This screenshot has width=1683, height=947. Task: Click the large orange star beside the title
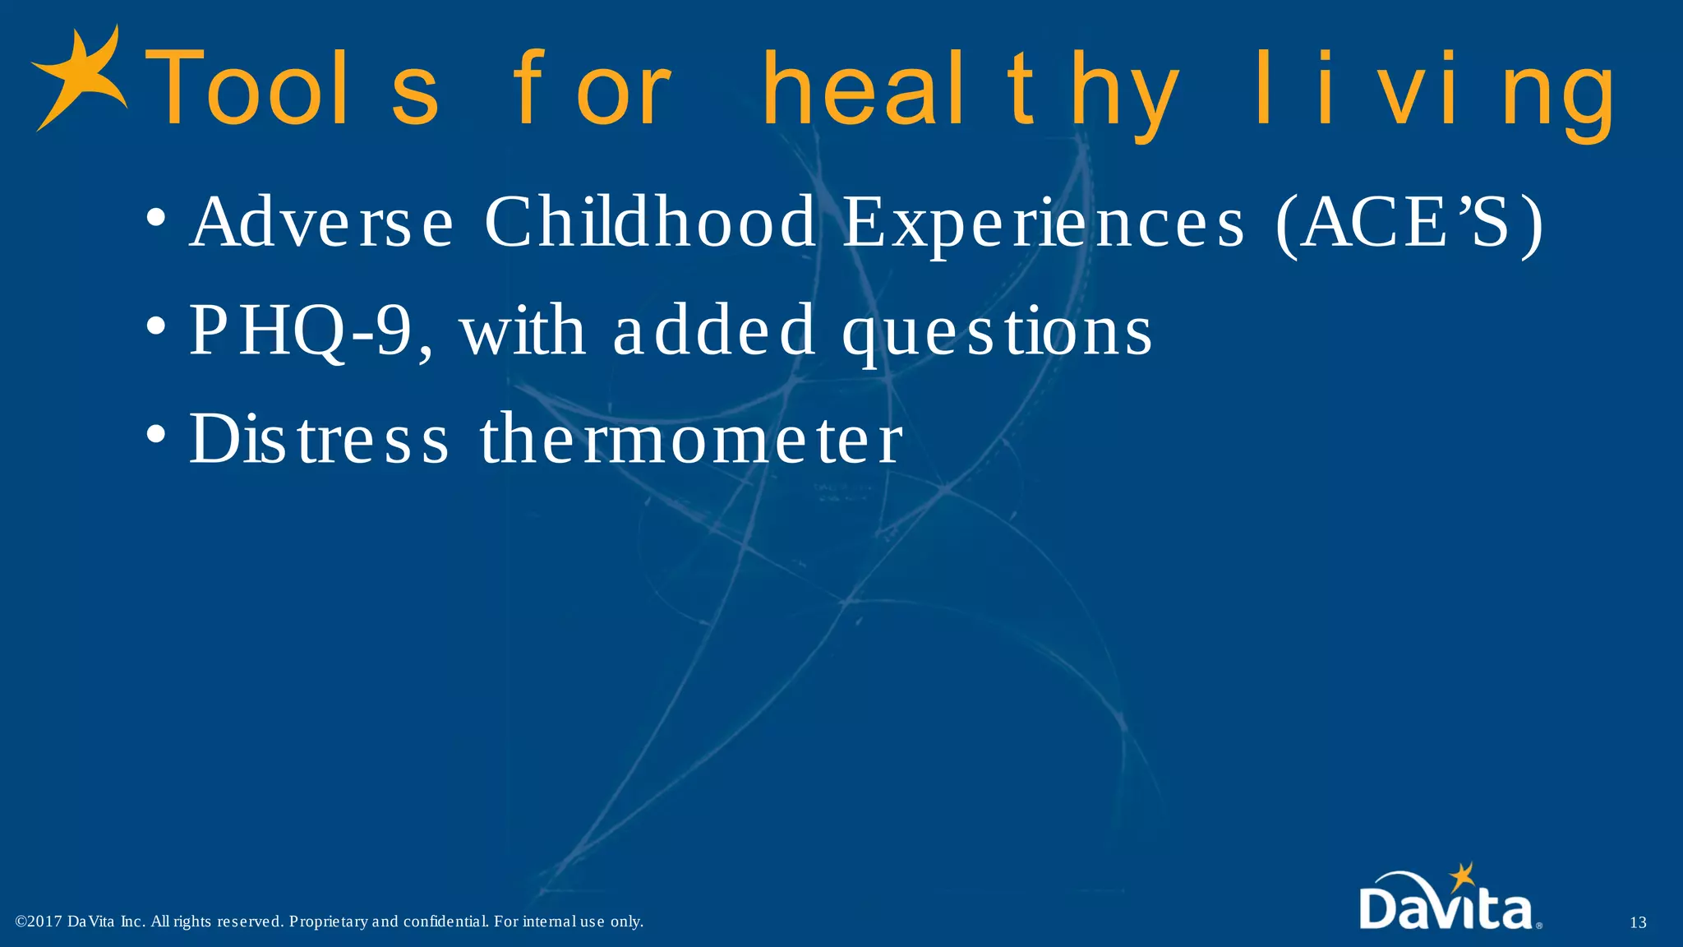[x=78, y=78]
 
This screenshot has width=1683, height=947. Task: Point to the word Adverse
[x=320, y=222]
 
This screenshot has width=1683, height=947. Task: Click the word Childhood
[x=649, y=222]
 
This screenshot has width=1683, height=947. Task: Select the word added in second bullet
[x=713, y=330]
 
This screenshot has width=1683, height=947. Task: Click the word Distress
[x=319, y=439]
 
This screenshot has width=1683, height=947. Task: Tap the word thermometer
[x=690, y=439]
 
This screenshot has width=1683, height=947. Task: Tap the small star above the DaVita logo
[x=1460, y=876]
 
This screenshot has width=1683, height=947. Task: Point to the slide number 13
[x=1637, y=922]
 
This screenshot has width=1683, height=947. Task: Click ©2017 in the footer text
[x=39, y=922]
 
